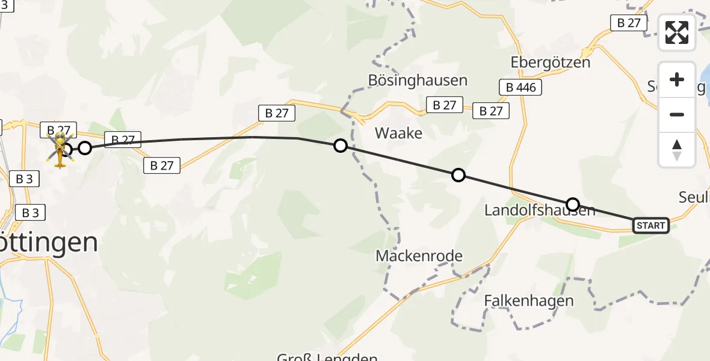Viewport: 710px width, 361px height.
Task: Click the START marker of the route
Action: [x=650, y=226]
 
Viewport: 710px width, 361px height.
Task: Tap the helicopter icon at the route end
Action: [x=61, y=150]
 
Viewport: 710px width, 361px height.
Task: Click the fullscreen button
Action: [x=677, y=32]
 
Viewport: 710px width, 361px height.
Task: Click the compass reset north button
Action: [x=677, y=150]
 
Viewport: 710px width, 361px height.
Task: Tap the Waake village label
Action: [x=398, y=133]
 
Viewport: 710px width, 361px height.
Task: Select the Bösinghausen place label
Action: [x=418, y=80]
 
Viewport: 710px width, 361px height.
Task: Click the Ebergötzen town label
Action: [x=550, y=62]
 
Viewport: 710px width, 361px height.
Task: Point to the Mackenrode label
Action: [x=419, y=256]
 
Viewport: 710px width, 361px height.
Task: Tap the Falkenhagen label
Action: [x=529, y=300]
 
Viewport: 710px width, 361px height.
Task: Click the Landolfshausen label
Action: [x=540, y=210]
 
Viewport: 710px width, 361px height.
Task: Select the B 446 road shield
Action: [x=520, y=87]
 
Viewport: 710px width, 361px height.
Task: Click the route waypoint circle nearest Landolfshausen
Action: [x=573, y=205]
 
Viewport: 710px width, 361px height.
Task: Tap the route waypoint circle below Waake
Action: [x=458, y=175]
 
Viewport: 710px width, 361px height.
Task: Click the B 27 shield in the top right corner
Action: [x=628, y=23]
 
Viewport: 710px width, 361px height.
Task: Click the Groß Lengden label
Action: [x=327, y=357]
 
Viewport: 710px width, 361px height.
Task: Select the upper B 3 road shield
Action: [x=24, y=178]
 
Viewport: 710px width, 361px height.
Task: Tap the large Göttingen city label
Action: [x=48, y=242]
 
